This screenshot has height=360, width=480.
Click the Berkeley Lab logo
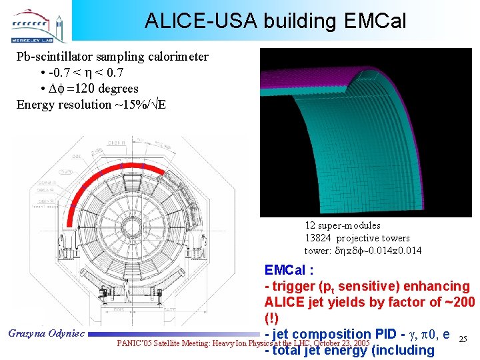37,25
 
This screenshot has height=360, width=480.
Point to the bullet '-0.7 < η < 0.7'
93,73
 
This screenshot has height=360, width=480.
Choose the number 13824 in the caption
319,238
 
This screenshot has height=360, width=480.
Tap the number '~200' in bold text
459,302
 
